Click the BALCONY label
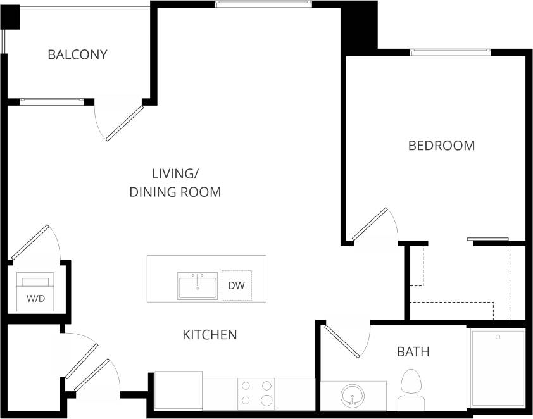coord(78,54)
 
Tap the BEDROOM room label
coord(441,146)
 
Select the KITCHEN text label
coord(210,334)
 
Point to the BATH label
coord(413,351)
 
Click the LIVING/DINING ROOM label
coord(175,182)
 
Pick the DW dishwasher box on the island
coord(236,286)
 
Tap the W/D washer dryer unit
coord(35,292)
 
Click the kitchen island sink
coord(198,286)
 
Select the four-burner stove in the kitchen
coord(256,392)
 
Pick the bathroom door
coord(345,342)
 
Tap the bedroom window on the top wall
coord(450,53)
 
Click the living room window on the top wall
coord(263,4)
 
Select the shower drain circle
coord(498,337)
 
